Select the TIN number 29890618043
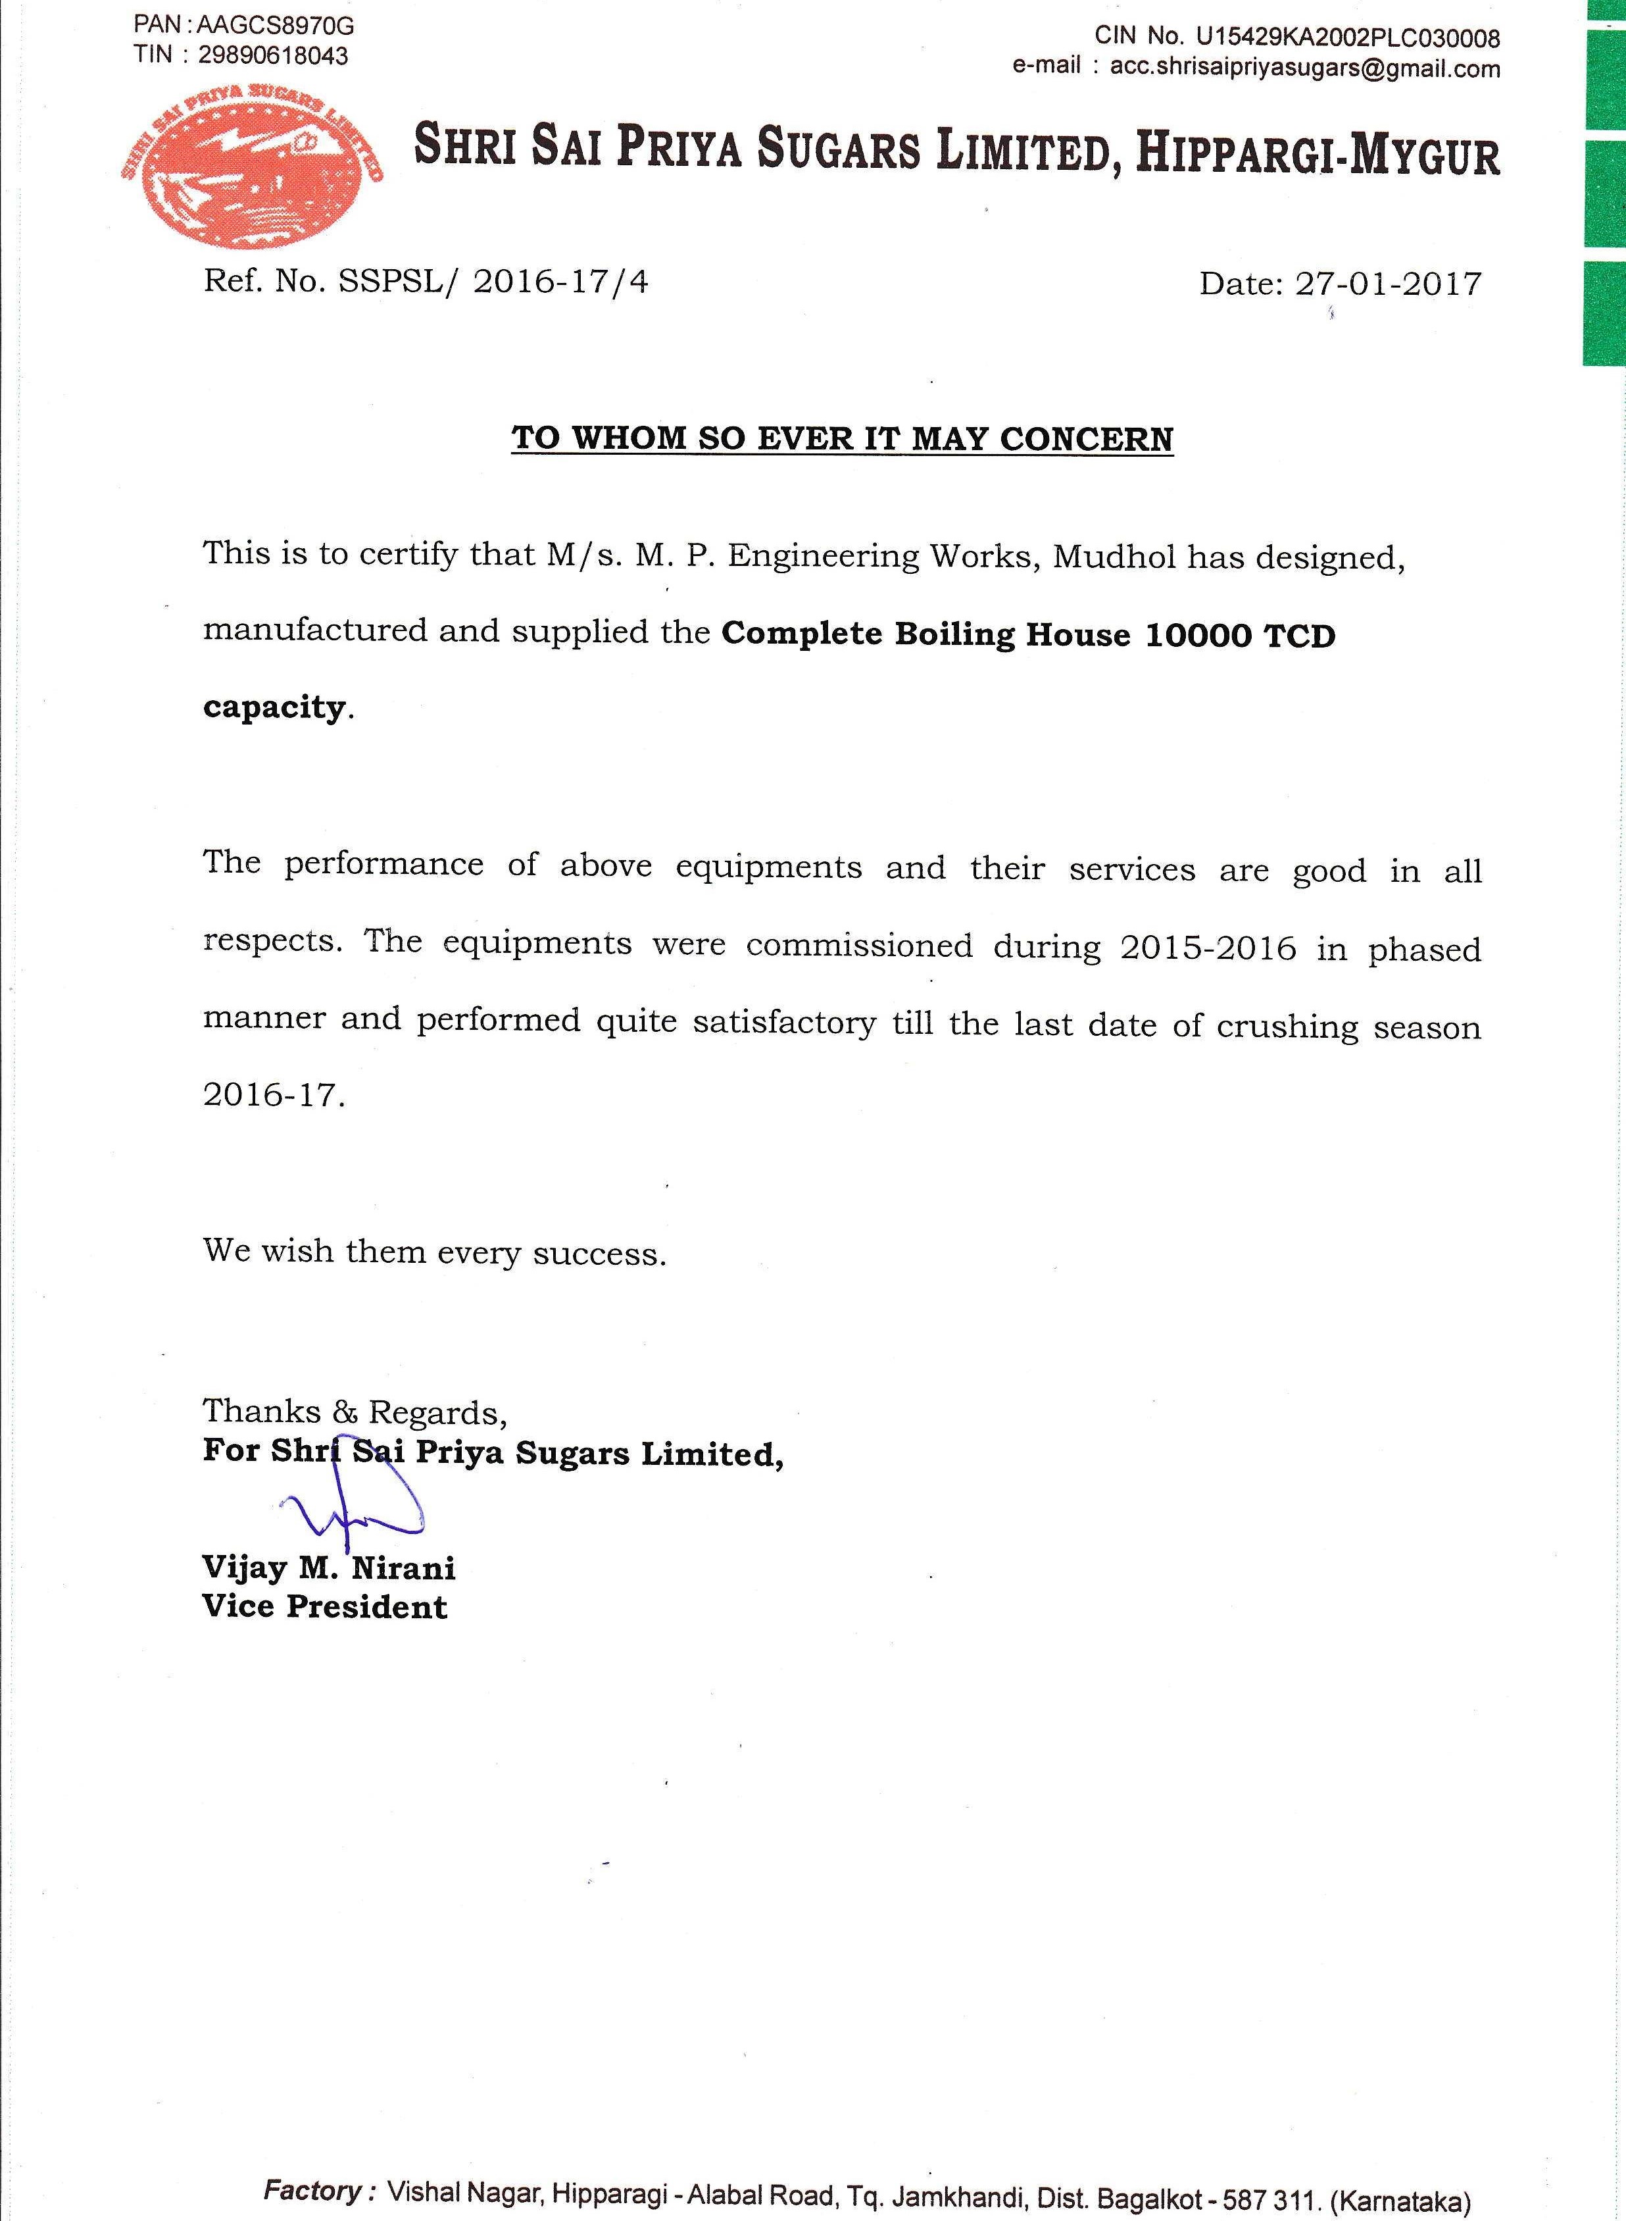click(272, 56)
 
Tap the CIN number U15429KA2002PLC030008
click(1348, 38)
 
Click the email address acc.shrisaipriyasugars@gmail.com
click(1304, 68)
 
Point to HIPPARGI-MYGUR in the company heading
click(1318, 155)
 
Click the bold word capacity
click(274, 708)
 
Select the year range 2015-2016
click(1208, 948)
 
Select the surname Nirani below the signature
click(404, 1568)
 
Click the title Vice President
click(325, 1606)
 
